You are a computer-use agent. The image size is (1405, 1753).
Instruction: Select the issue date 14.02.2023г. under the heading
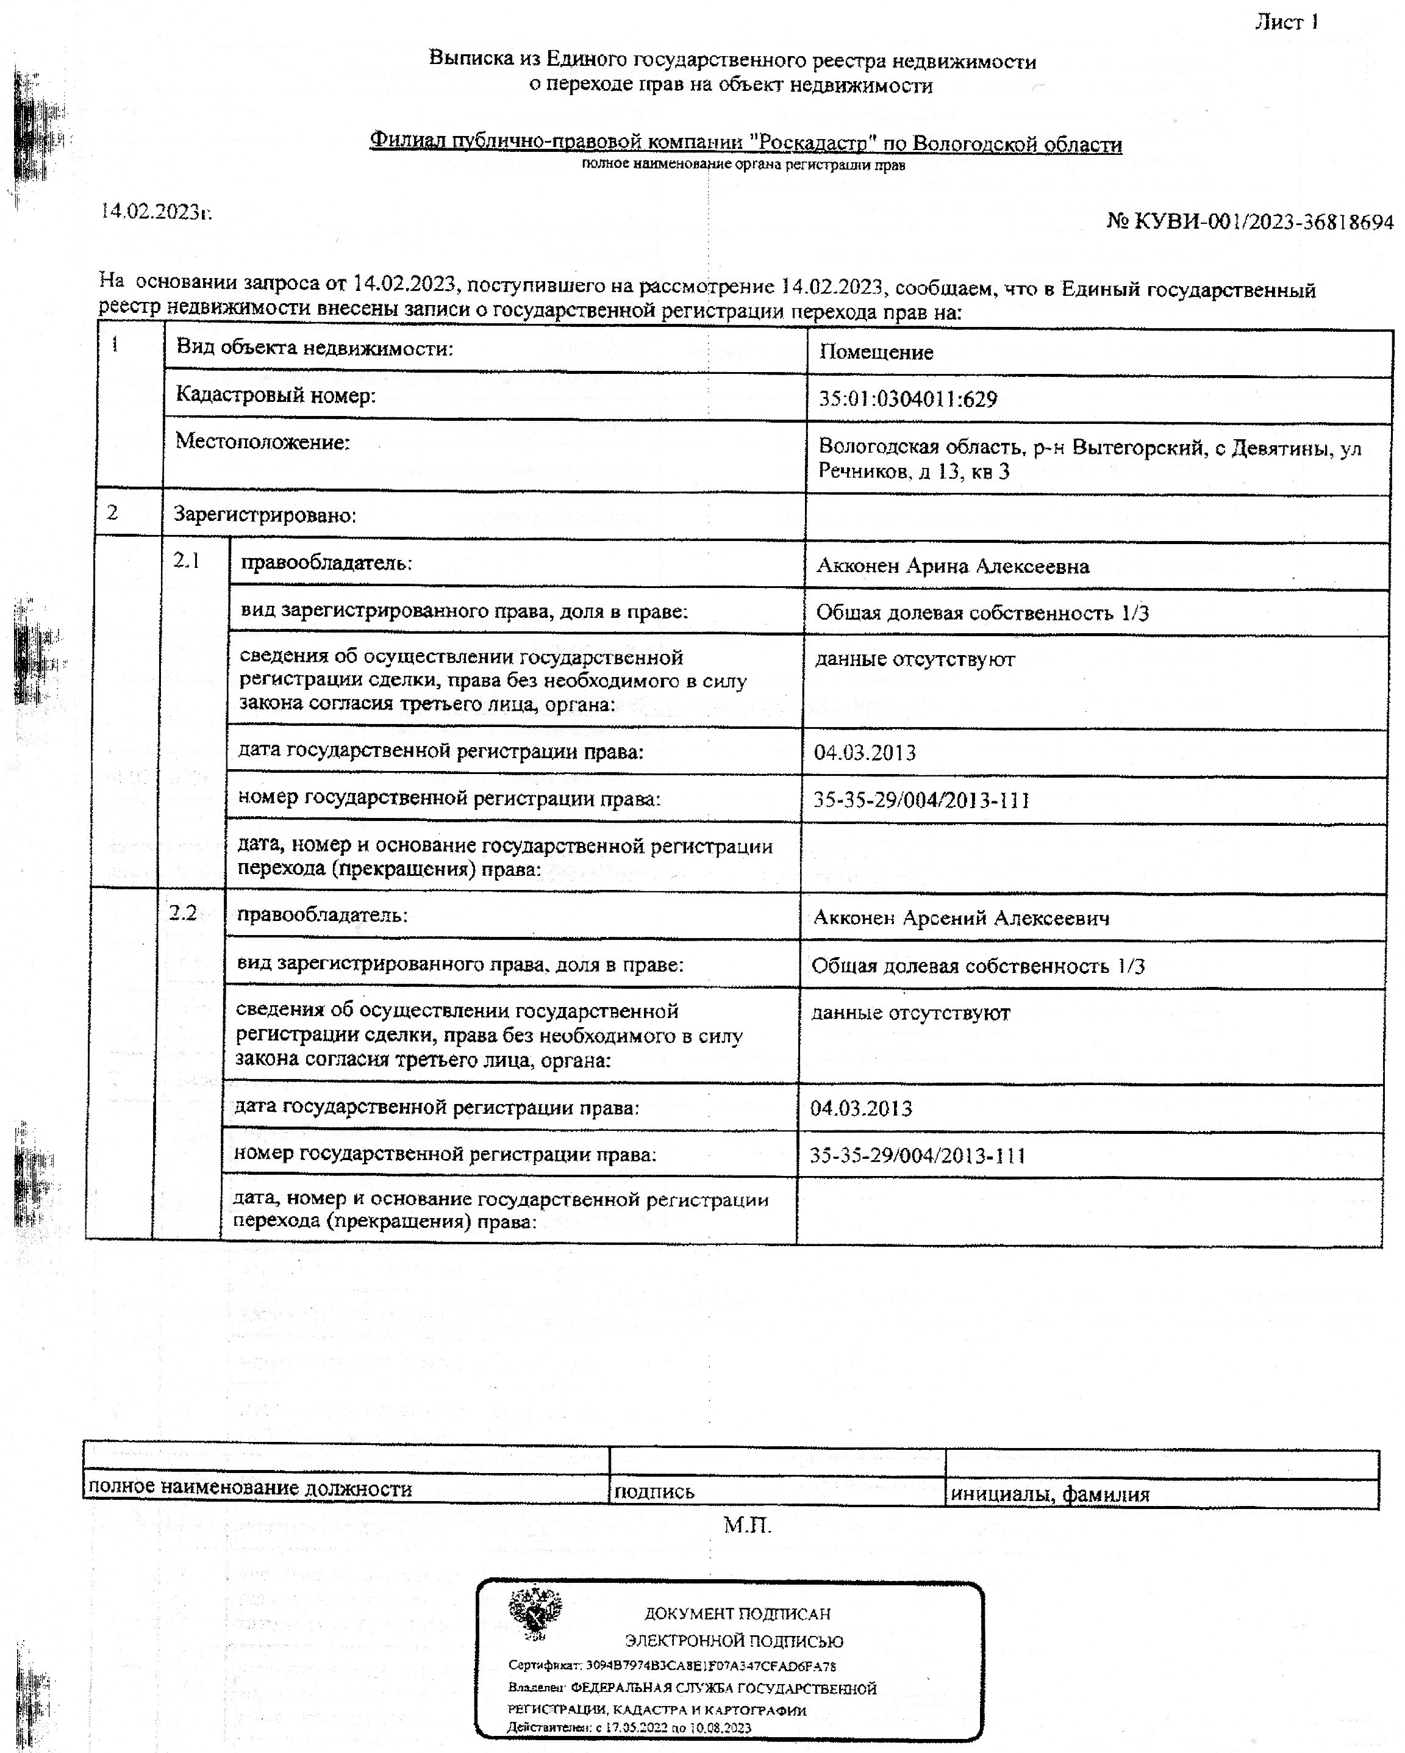click(x=156, y=212)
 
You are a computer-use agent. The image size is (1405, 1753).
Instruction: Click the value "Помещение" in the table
click(x=876, y=352)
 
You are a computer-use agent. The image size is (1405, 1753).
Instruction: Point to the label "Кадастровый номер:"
click(x=276, y=396)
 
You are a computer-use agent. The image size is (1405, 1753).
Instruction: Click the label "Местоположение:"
click(x=263, y=442)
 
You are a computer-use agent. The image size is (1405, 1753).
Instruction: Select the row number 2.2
click(x=183, y=913)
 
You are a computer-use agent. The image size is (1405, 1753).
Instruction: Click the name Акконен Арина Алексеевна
click(x=952, y=566)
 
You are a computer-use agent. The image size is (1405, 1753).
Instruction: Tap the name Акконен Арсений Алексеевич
click(x=961, y=918)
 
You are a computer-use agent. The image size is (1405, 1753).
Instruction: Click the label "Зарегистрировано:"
click(x=265, y=515)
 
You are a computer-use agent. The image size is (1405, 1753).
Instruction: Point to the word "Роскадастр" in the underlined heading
click(x=812, y=143)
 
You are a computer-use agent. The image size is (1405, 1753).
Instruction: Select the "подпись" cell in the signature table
click(x=654, y=1491)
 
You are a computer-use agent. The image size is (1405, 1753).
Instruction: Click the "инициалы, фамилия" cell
click(x=1049, y=1494)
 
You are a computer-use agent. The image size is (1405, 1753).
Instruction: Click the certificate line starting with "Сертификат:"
click(x=671, y=1666)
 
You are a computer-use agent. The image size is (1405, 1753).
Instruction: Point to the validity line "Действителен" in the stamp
click(x=629, y=1727)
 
